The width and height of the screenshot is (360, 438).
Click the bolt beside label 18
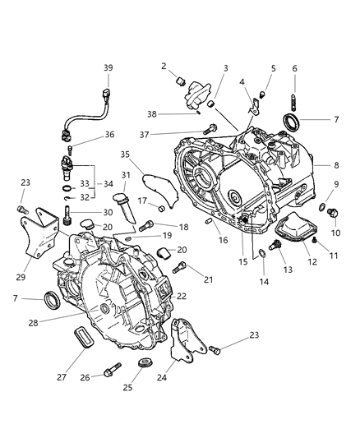(x=146, y=224)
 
